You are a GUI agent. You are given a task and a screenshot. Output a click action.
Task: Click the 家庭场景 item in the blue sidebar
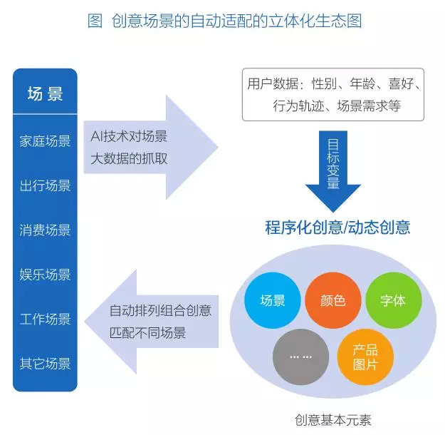[45, 141]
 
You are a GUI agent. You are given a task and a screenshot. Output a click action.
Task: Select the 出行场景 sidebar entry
[45, 185]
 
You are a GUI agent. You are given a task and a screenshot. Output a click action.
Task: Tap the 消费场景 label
[45, 230]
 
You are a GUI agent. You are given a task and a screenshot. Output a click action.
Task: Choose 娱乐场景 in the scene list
[45, 275]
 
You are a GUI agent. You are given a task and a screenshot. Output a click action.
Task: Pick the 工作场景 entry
[45, 319]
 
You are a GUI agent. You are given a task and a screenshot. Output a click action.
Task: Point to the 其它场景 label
[45, 364]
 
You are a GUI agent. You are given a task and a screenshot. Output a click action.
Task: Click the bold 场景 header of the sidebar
[45, 94]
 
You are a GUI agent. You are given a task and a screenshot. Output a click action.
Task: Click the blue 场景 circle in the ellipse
[273, 300]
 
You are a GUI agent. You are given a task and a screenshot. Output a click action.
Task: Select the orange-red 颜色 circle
[333, 300]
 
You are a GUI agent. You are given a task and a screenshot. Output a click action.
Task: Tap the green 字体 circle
[393, 300]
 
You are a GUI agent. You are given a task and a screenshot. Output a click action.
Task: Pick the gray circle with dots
[301, 357]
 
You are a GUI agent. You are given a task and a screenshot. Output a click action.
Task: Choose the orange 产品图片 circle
[365, 357]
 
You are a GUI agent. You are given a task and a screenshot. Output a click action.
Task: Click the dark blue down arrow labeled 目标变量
[333, 171]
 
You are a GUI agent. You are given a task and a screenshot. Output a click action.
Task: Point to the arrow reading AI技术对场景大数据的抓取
[151, 148]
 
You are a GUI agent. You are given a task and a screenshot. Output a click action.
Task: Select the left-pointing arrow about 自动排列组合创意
[151, 322]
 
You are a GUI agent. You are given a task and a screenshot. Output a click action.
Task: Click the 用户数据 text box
[333, 94]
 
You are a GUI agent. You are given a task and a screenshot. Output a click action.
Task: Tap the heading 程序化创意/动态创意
[337, 227]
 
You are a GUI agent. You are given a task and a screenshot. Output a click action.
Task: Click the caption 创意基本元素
[333, 420]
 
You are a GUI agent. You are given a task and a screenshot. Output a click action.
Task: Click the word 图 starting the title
[95, 21]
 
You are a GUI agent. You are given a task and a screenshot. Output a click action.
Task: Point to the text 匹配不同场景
[147, 332]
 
